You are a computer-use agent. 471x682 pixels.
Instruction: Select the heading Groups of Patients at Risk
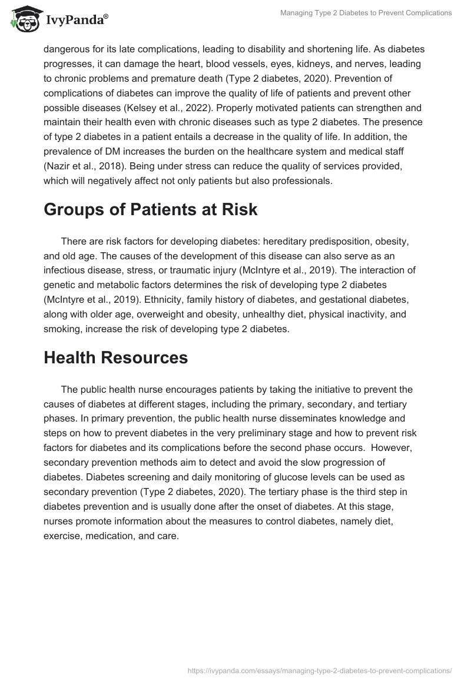[x=151, y=210]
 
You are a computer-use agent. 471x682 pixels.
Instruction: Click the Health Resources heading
[x=116, y=357]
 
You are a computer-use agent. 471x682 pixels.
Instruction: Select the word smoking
[x=62, y=329]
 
